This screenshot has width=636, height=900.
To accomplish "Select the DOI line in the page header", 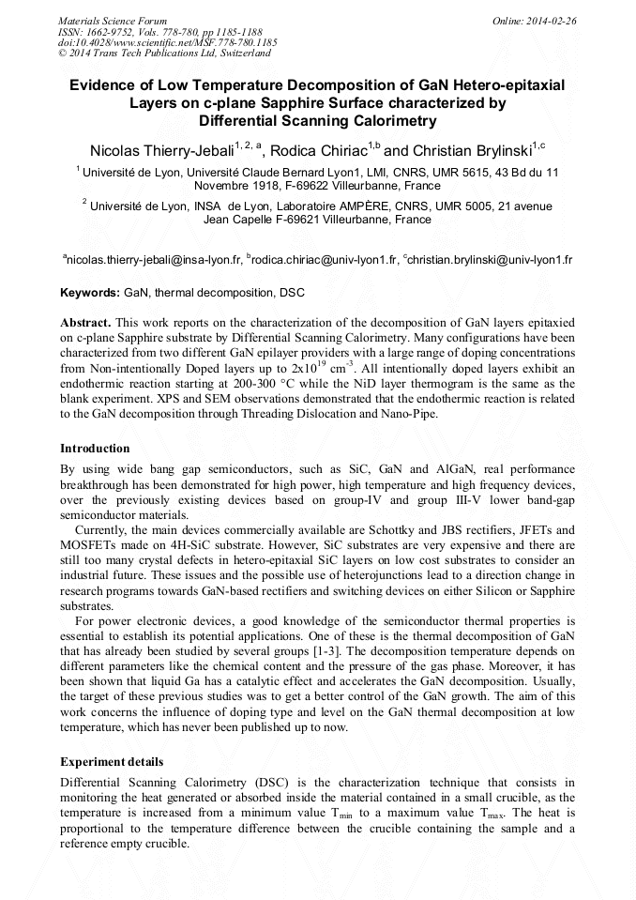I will coord(168,42).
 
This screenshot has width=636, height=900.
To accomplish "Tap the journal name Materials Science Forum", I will coord(113,21).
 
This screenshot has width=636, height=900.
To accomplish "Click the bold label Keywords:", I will coord(90,294).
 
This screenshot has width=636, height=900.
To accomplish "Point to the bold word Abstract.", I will coord(85,321).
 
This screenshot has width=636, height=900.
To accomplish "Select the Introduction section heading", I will coord(95,448).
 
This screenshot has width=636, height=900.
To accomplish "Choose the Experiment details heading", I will coord(112,761).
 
